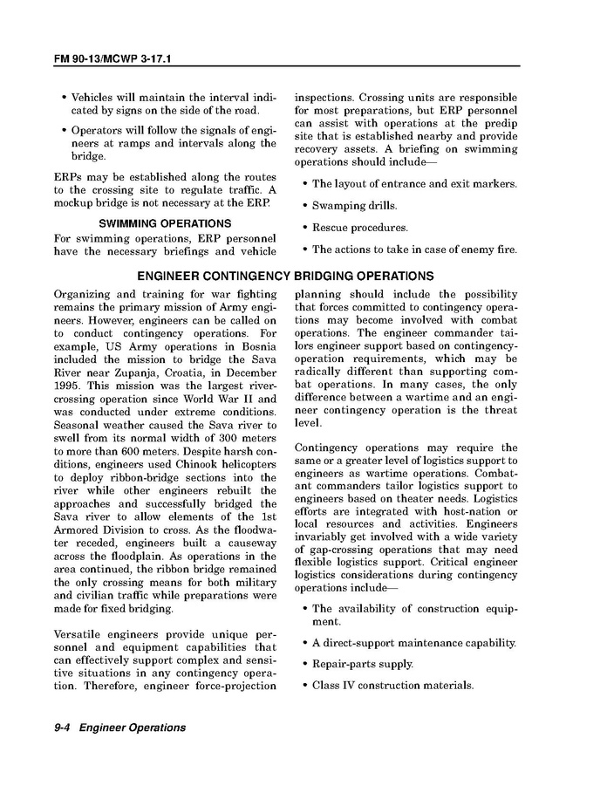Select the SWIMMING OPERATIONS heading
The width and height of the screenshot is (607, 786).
165,224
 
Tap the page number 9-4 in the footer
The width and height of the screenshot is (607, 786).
62,728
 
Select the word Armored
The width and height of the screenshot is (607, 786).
81,530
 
